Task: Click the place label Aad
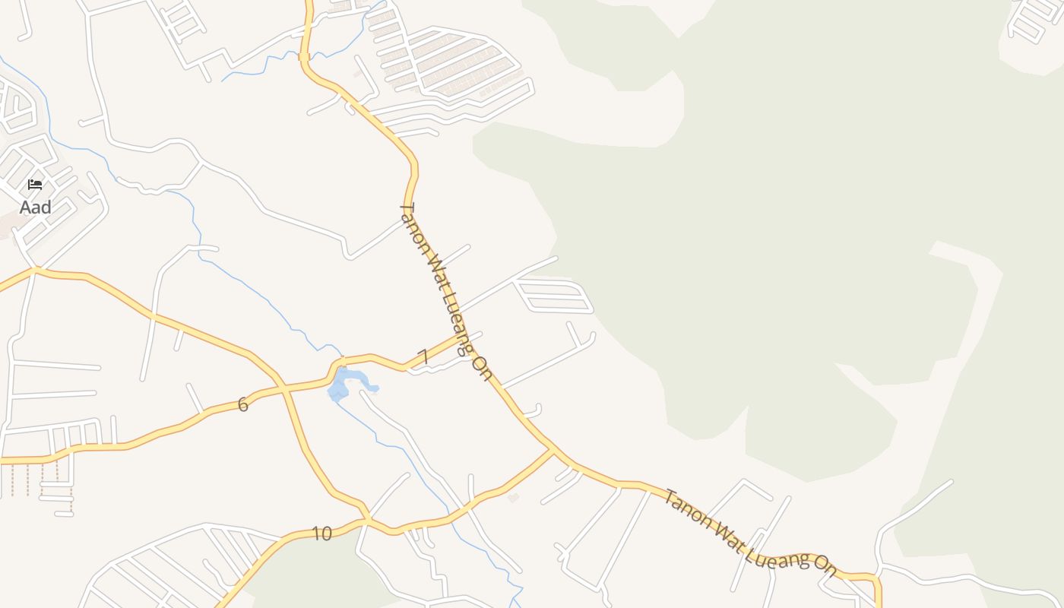(36, 207)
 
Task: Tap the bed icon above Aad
(35, 185)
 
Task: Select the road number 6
(243, 405)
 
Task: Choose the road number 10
(322, 534)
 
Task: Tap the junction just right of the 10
(367, 520)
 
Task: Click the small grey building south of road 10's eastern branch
(514, 498)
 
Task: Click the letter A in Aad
(25, 207)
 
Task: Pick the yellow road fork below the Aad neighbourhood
(35, 270)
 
